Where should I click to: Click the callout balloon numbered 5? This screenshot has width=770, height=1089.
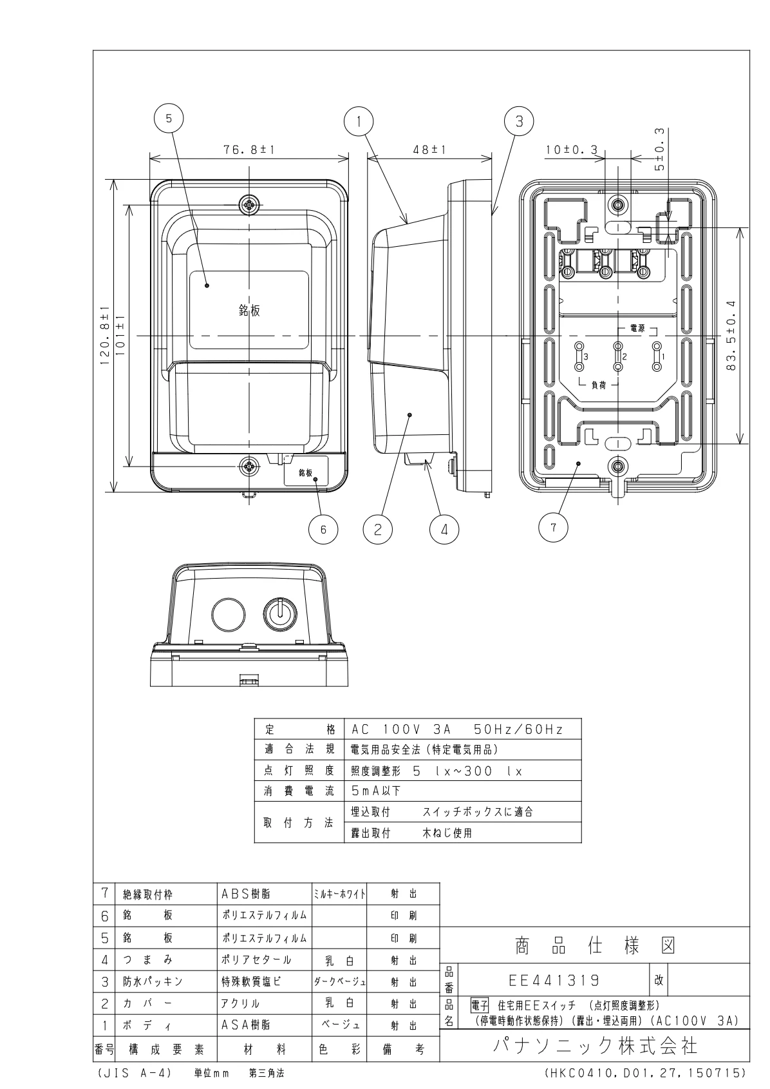169,119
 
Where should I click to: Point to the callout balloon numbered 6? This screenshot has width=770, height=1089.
323,529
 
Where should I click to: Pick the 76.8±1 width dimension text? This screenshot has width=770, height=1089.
250,149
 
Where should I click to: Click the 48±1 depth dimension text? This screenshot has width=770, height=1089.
429,149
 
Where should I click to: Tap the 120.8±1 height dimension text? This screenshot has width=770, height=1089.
106,335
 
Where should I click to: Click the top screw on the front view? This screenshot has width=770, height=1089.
249,206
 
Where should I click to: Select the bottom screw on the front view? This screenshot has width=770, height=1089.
249,466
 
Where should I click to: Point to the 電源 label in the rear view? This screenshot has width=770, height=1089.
637,329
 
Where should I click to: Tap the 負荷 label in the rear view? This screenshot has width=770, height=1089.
598,385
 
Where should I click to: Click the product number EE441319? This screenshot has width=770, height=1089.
554,980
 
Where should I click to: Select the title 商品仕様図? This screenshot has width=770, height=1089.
595,945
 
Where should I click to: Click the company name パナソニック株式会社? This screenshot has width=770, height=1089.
595,1045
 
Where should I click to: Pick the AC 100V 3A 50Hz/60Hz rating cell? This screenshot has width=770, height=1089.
457,729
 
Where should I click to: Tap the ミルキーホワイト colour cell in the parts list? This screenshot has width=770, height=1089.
339,894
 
